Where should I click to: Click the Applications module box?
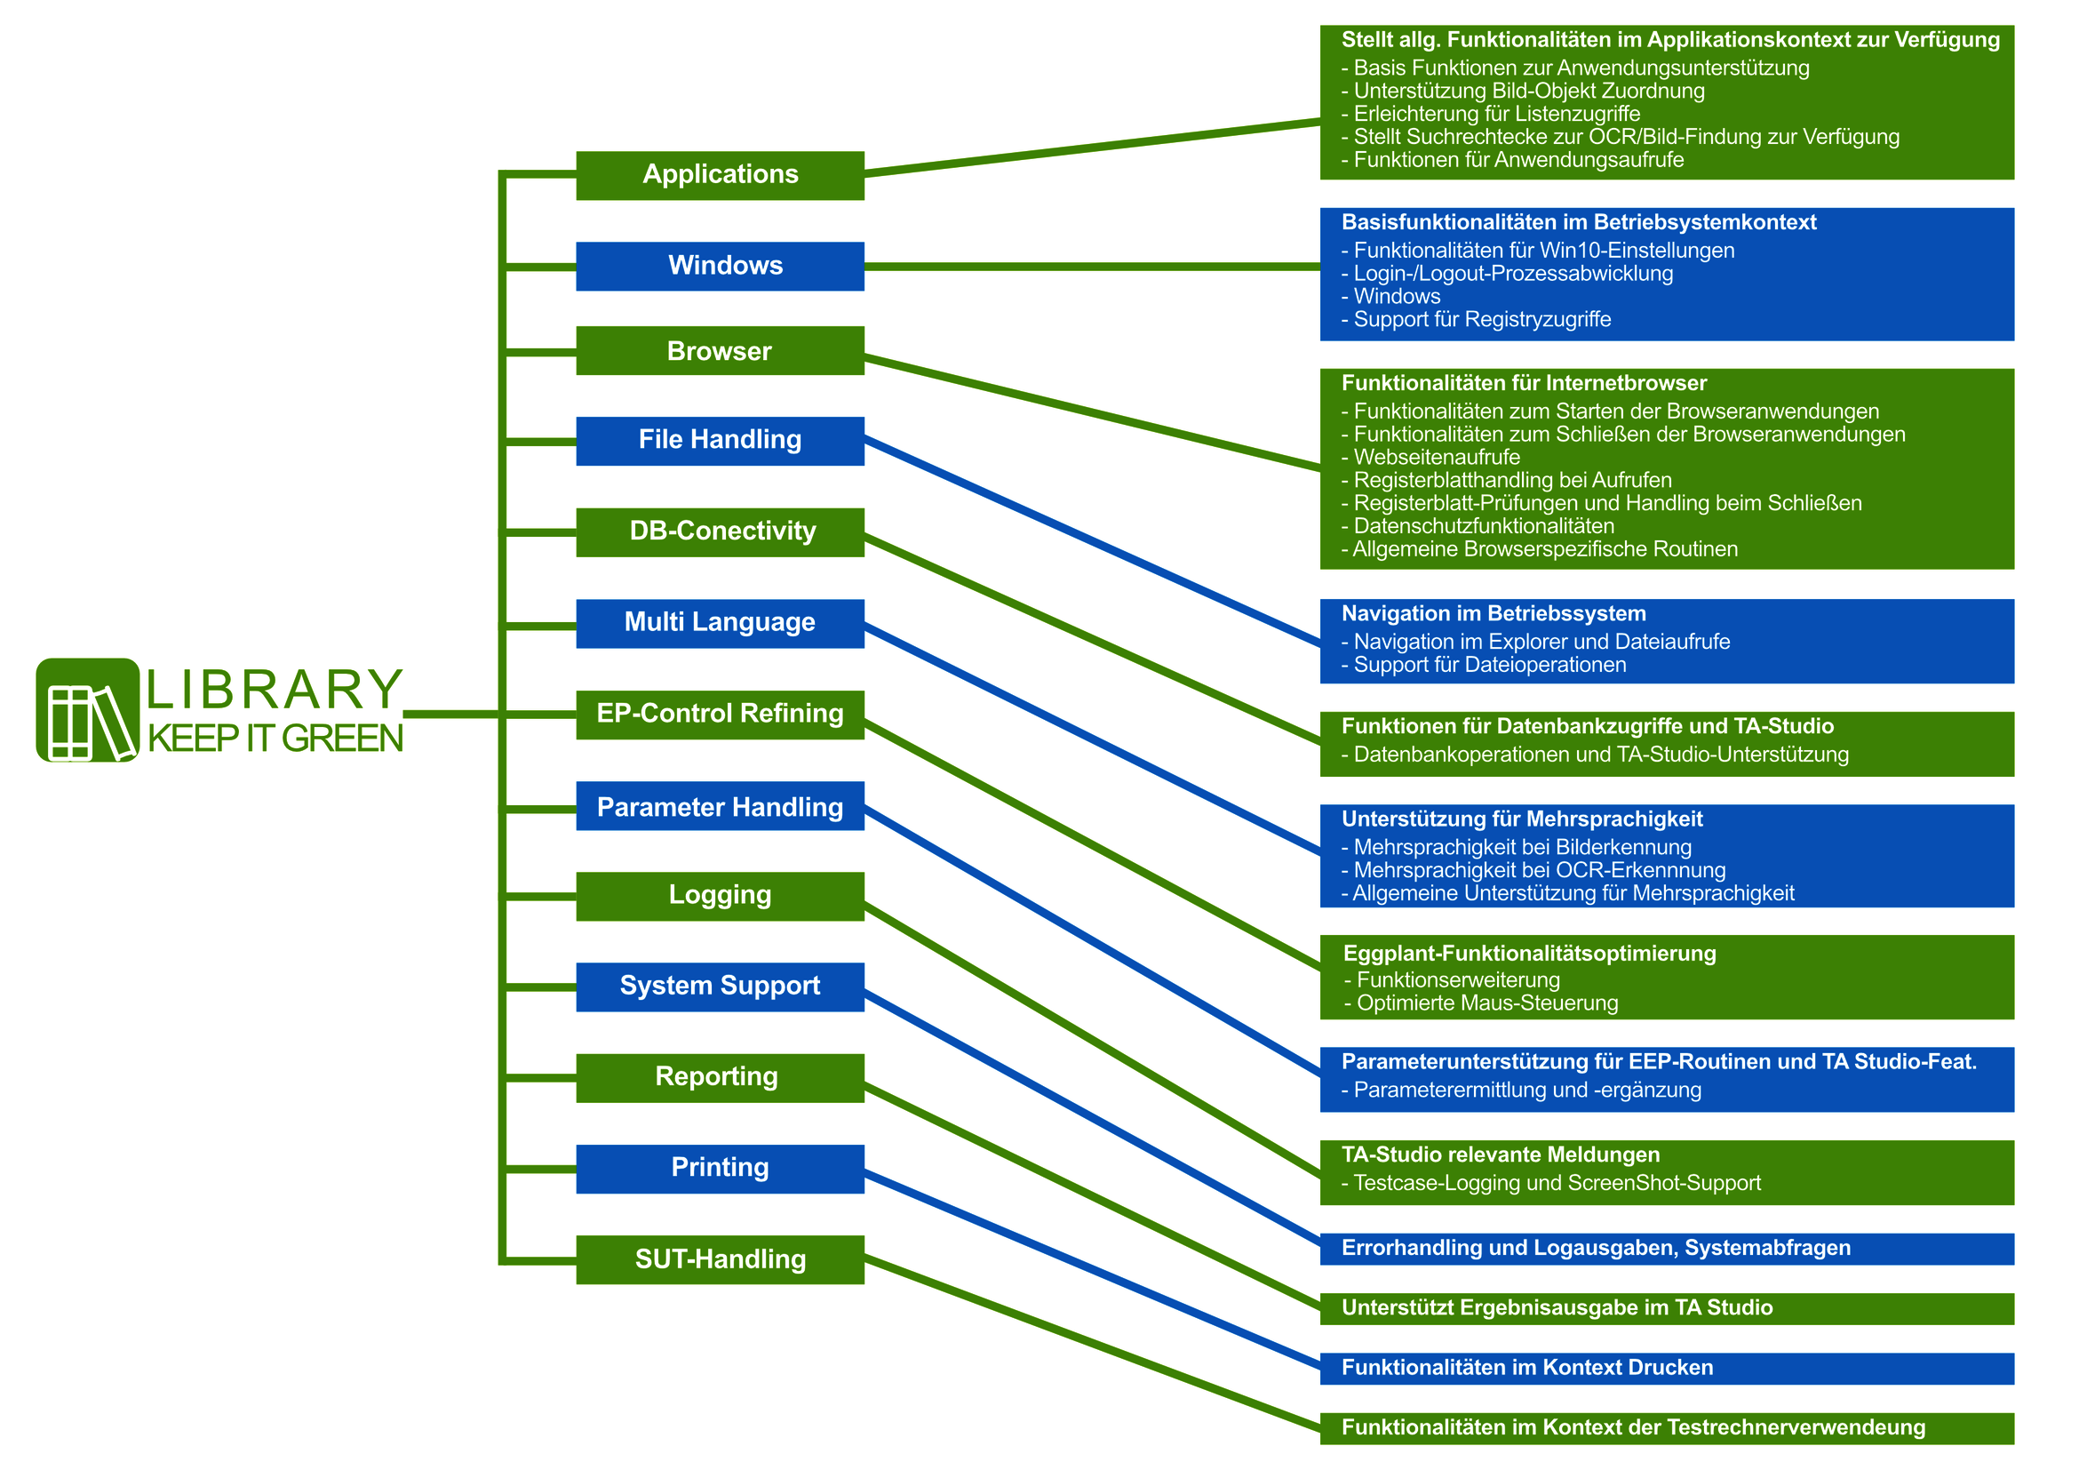click(x=720, y=175)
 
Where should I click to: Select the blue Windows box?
click(x=720, y=267)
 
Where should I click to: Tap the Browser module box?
click(x=720, y=350)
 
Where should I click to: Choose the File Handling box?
click(x=720, y=440)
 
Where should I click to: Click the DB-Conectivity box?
click(x=720, y=531)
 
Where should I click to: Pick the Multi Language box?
click(x=720, y=623)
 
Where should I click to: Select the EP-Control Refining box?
click(x=720, y=715)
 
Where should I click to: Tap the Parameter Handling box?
click(x=720, y=806)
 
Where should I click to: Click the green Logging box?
click(x=720, y=896)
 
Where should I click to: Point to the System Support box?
click(x=720, y=987)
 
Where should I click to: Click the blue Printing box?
click(x=720, y=1169)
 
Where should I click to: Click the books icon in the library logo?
click(x=88, y=710)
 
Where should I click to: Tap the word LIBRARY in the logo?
click(x=275, y=691)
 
